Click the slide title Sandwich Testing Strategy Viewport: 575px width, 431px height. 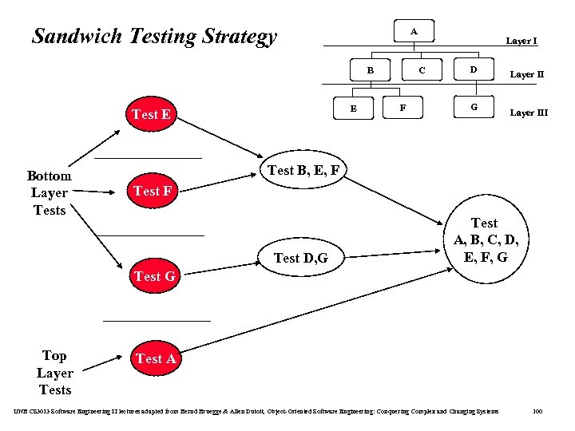[x=154, y=37]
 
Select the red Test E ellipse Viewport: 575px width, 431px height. [x=151, y=114]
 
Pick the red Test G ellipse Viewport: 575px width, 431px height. [x=155, y=276]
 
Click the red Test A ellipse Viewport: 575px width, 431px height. [x=156, y=358]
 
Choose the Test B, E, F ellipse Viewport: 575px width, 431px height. [x=306, y=170]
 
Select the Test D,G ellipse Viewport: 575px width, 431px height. [x=300, y=257]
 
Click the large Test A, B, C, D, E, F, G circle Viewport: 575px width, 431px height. [x=485, y=240]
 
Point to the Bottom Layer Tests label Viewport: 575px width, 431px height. [x=49, y=192]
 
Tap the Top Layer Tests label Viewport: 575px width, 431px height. [x=54, y=373]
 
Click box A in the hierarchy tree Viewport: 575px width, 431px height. [x=413, y=31]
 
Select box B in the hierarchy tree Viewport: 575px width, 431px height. [x=370, y=70]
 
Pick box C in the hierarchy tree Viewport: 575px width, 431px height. [x=422, y=70]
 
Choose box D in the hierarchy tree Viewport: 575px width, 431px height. [x=474, y=70]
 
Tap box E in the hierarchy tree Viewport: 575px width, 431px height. [x=354, y=108]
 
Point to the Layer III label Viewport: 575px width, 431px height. [x=529, y=113]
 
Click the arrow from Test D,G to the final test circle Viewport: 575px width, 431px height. [x=391, y=251]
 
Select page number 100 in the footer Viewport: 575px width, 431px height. [x=537, y=411]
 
